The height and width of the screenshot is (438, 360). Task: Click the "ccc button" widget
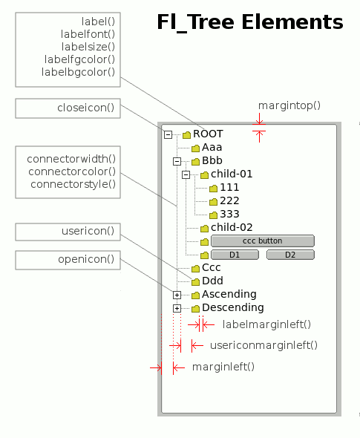[x=263, y=241]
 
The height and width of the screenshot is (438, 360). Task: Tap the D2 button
[x=290, y=255]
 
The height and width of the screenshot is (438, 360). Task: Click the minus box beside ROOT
[x=168, y=135]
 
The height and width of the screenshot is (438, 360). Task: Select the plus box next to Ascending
[x=177, y=295]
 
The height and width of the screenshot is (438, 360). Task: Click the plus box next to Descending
[x=177, y=308]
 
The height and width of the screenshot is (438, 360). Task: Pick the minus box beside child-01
[x=186, y=175]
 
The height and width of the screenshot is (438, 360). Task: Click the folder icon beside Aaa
[x=195, y=148]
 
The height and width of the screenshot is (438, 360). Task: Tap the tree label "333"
[x=229, y=214]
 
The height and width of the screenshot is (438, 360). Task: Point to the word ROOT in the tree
[x=208, y=134]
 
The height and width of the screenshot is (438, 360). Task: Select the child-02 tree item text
[x=232, y=227]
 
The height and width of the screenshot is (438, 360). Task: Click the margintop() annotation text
[x=289, y=105]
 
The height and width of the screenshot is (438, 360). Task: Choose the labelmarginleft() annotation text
[x=266, y=324]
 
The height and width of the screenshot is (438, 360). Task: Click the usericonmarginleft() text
[x=264, y=345]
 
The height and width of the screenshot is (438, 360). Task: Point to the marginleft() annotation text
[x=223, y=367]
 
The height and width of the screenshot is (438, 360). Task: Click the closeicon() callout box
[x=68, y=108]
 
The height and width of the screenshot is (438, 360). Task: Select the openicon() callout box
[x=68, y=260]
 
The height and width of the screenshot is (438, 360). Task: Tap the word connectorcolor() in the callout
[x=72, y=171]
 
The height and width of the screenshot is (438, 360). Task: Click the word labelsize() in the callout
[x=88, y=47]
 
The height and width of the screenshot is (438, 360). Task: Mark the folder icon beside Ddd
[x=195, y=281]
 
